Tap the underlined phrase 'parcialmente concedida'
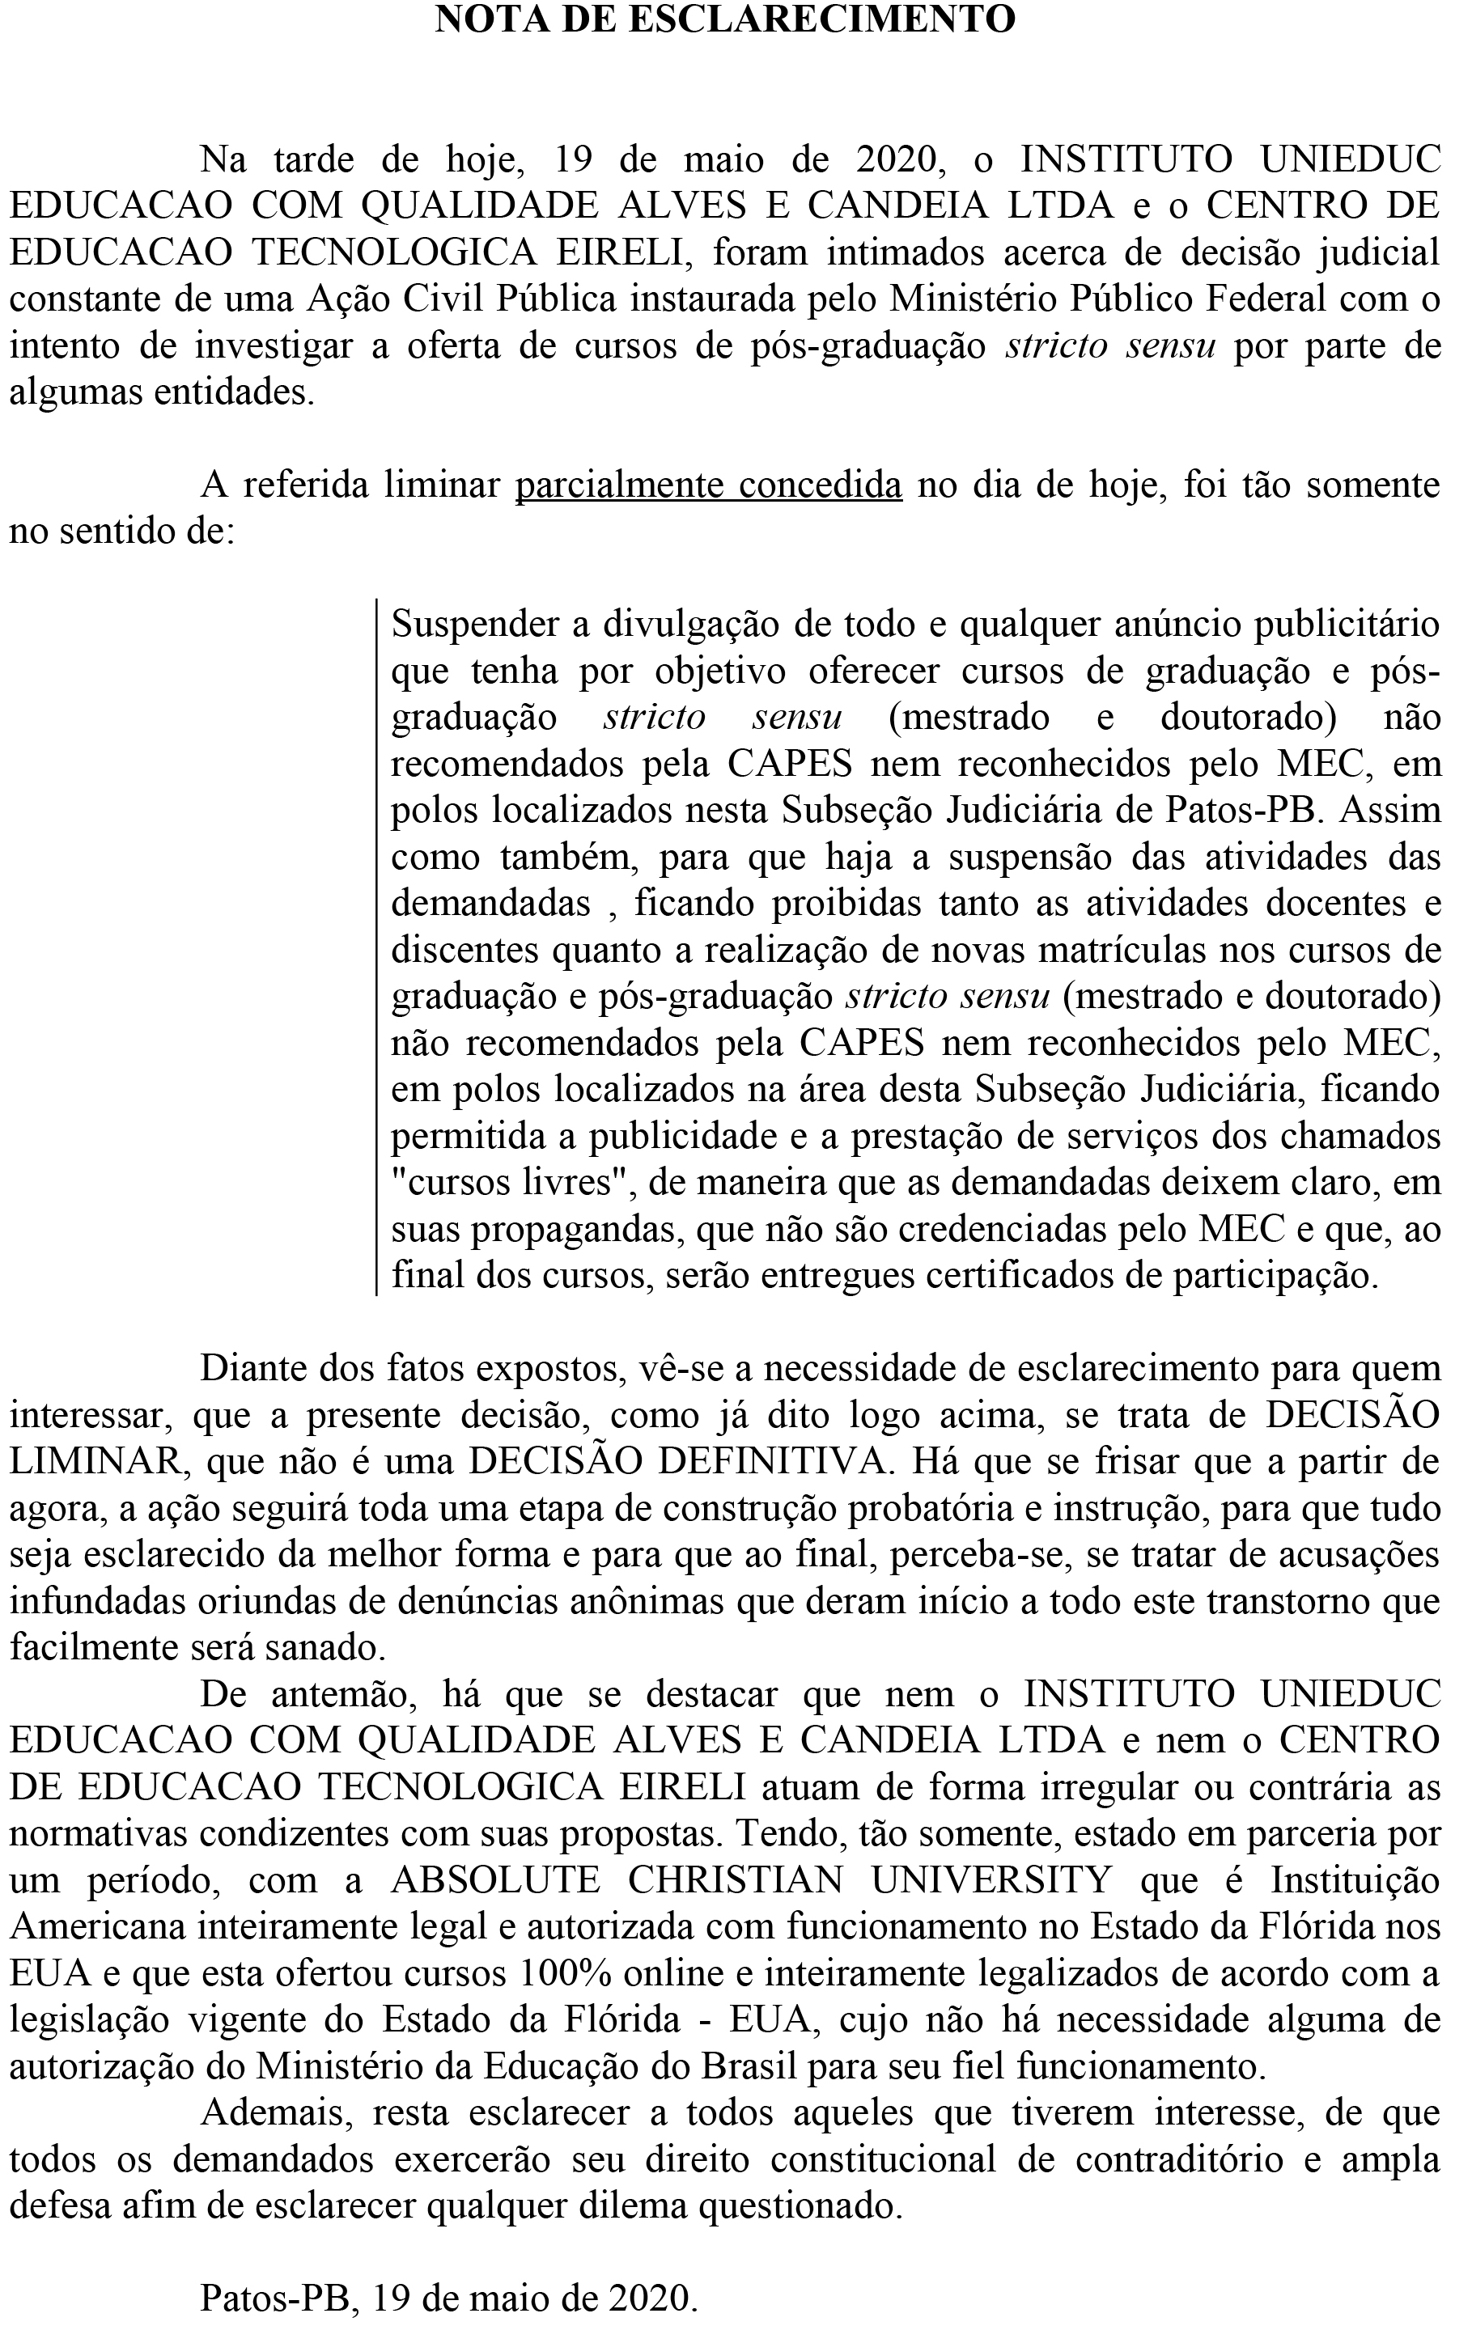[x=709, y=484]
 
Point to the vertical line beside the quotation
[x=375, y=947]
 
